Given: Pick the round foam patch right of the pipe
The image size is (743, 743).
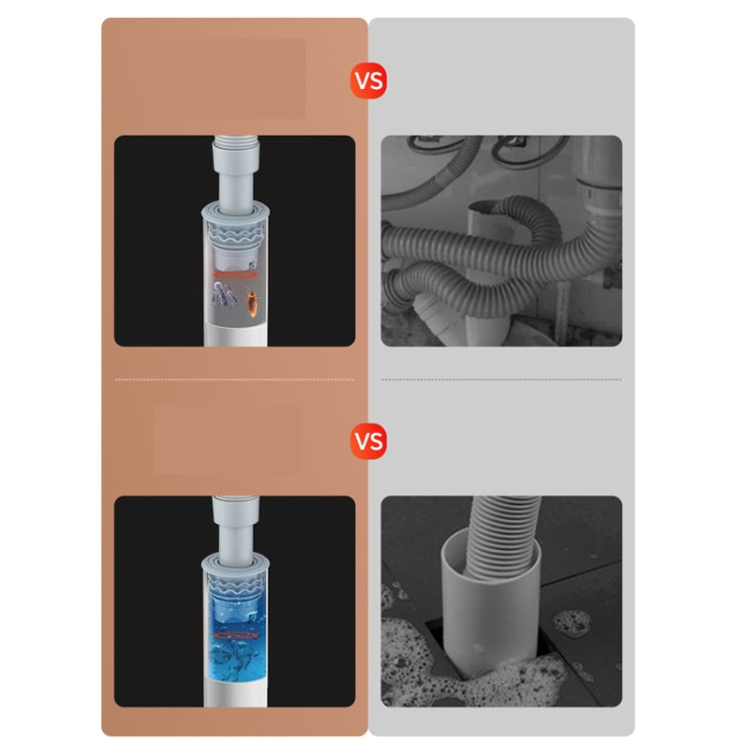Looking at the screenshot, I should pos(572,623).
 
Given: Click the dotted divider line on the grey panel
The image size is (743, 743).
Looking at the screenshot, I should pos(501,378).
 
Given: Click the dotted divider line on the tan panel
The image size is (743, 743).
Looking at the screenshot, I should pos(234,378).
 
